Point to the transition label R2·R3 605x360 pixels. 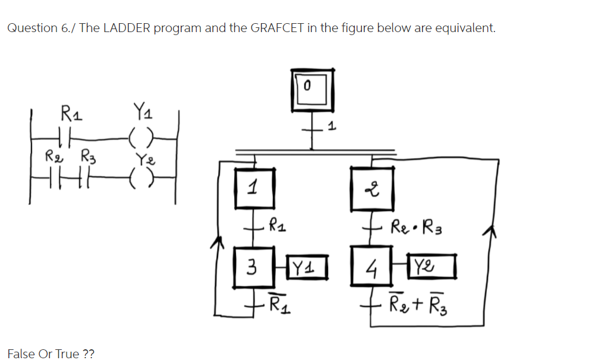click(x=414, y=228)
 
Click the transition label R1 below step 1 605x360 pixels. click(x=278, y=226)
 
